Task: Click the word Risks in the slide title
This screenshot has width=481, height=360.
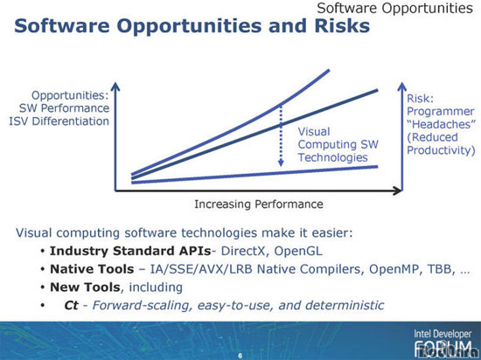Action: tap(342, 25)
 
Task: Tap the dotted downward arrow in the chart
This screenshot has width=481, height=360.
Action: tap(281, 135)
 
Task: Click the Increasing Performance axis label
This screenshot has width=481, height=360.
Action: tap(259, 204)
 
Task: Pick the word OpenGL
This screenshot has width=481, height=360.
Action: tap(298, 251)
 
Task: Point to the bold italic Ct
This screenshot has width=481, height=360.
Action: tap(71, 305)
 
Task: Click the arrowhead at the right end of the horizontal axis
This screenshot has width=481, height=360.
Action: tap(397, 190)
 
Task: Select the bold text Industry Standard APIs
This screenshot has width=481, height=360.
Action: tap(130, 251)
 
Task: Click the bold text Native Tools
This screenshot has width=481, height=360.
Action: tap(92, 269)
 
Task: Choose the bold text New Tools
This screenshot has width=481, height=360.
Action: tap(85, 287)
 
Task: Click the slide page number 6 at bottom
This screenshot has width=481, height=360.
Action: tap(240, 356)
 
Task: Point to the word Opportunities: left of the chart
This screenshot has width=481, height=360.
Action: tap(70, 95)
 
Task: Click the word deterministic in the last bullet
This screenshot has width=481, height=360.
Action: tap(345, 305)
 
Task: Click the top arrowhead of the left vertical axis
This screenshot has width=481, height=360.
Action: tap(115, 87)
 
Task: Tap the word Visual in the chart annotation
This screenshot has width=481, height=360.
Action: tap(314, 132)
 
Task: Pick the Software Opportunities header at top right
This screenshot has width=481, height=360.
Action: tap(394, 8)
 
